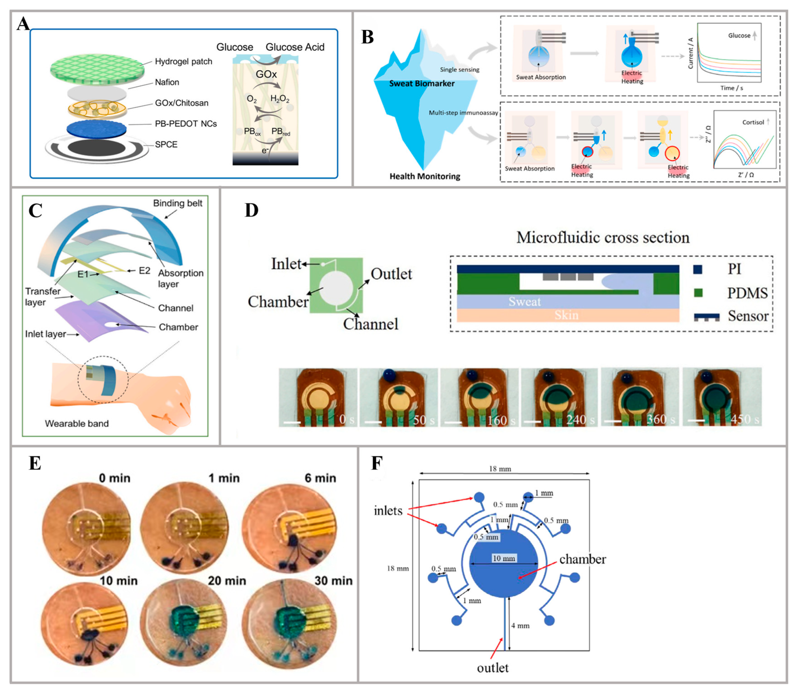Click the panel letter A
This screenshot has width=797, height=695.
pos(23,24)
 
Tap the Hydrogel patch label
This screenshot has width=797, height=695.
pos(184,61)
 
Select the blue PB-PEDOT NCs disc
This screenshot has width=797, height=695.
pos(96,128)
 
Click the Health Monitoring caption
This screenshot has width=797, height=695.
pos(425,176)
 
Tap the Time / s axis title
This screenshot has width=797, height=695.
pos(731,88)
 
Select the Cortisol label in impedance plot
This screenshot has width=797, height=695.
pos(753,122)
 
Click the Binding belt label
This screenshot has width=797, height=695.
pos(178,203)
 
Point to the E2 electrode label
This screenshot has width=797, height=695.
pos(144,270)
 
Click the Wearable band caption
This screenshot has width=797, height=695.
pos(77,424)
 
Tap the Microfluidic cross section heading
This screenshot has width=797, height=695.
pos(603,237)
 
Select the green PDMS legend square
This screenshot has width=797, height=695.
pos(698,292)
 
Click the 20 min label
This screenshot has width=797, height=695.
pos(227,581)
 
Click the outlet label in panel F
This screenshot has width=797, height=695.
pos(493,668)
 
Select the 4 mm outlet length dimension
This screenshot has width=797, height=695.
pos(520,625)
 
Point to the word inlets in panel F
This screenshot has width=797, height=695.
pos(388,511)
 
